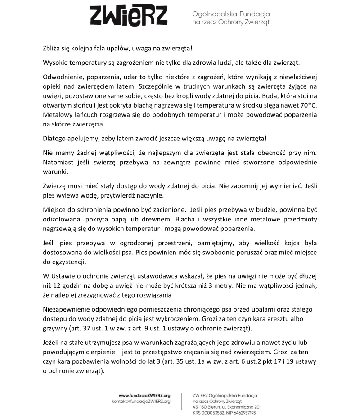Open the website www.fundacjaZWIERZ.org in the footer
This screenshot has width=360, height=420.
(x=144, y=395)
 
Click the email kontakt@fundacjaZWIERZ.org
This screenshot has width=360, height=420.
(x=141, y=401)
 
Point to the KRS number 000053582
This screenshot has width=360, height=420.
(x=213, y=412)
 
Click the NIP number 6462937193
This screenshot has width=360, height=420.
(x=243, y=412)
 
